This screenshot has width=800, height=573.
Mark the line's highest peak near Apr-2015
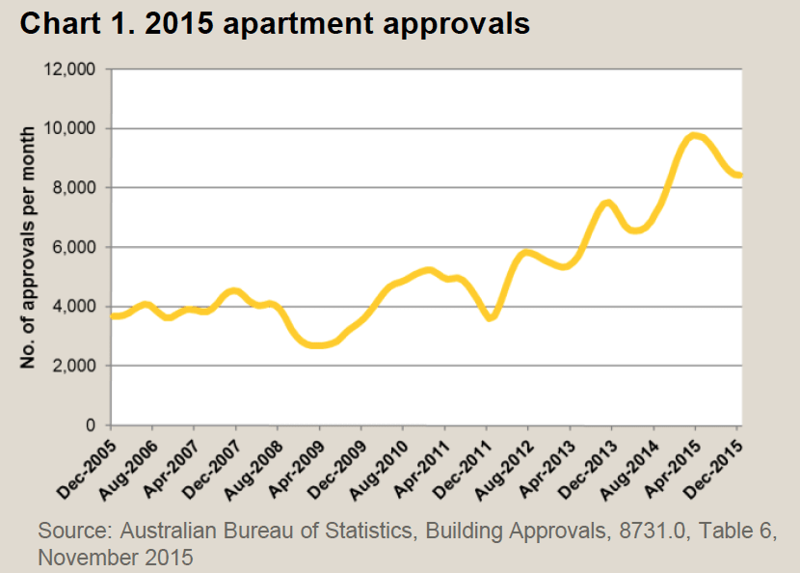click(694, 136)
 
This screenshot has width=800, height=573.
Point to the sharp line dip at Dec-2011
click(490, 317)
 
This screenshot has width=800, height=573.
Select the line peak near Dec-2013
click(607, 203)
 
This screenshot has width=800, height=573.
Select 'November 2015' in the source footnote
click(116, 557)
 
